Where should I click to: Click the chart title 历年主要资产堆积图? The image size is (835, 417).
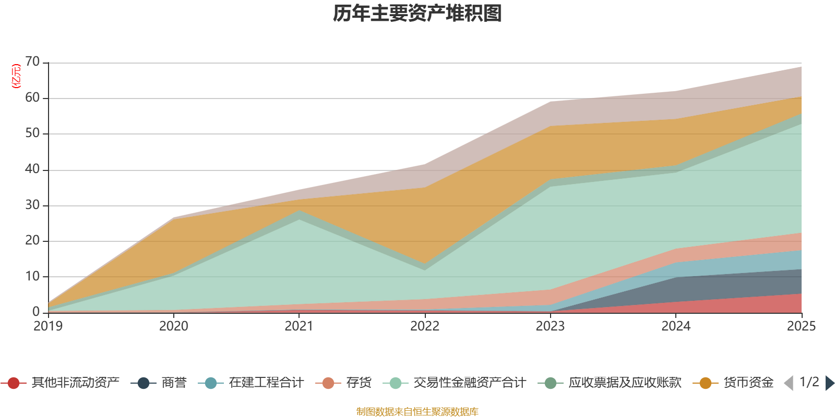(417, 14)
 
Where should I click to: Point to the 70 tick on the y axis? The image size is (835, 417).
(32, 62)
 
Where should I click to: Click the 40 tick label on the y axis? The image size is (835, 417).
(32, 169)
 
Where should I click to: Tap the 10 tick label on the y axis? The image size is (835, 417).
(32, 276)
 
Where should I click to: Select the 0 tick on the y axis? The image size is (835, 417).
(36, 312)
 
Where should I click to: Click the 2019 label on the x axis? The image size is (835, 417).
(48, 326)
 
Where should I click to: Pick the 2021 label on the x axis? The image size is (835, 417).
(299, 326)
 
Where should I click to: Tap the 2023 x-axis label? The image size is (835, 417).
(550, 326)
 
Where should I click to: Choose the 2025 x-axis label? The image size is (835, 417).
(801, 326)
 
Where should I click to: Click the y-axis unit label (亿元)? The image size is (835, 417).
(16, 76)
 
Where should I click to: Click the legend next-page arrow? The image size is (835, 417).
(830, 383)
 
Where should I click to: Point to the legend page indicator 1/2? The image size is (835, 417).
(809, 382)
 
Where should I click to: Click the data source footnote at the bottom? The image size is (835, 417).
(417, 412)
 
